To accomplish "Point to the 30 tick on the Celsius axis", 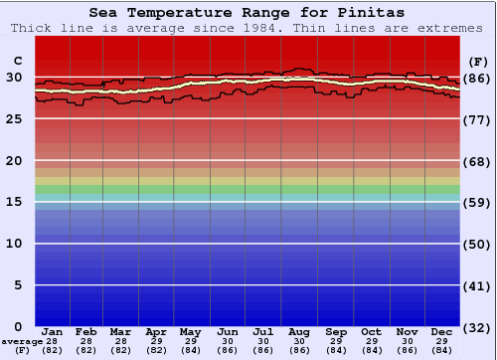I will click(13, 77).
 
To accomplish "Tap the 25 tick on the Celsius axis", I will click(13, 118).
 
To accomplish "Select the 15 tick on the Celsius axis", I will click(13, 202).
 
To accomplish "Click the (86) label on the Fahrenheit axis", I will click(478, 78).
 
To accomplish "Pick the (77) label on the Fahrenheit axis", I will click(478, 119).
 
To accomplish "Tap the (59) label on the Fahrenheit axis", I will click(478, 203).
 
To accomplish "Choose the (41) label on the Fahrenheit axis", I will click(478, 286).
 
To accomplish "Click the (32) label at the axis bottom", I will click(478, 328).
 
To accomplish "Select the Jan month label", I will click(53, 331).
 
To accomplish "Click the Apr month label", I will click(156, 331).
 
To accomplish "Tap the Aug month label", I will click(299, 331).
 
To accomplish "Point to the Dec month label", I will click(442, 331).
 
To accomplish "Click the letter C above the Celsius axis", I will click(14, 57).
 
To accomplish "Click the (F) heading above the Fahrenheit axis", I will click(477, 57).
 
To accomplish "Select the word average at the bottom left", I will click(22, 341).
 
